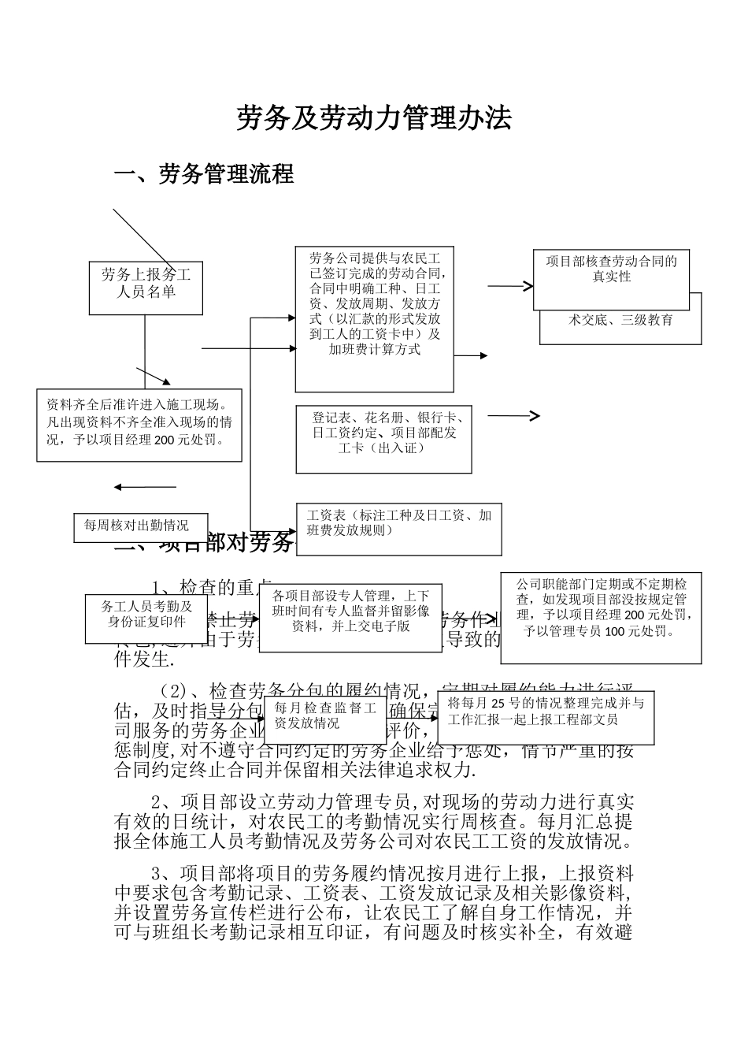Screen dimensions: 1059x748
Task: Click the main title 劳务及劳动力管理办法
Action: click(374, 118)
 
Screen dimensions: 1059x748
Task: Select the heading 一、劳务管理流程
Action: click(204, 174)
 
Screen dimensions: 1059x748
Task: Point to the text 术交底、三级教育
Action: click(620, 321)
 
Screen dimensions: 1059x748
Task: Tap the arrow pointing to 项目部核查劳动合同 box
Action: click(510, 286)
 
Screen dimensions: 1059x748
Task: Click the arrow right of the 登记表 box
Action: click(513, 416)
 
